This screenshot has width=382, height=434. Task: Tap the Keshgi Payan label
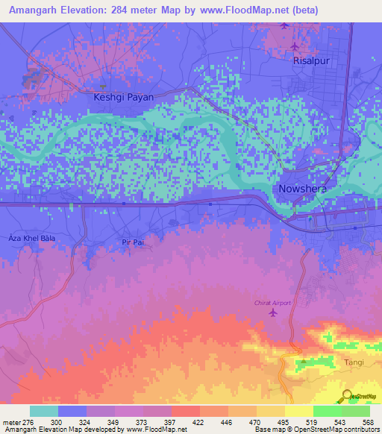pos(123,97)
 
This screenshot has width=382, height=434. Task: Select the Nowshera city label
pos(303,189)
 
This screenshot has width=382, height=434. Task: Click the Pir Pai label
pos(131,242)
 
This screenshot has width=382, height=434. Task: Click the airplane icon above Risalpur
pos(286,26)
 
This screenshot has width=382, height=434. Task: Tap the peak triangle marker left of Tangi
pos(303,363)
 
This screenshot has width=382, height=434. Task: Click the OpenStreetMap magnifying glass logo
pos(347,395)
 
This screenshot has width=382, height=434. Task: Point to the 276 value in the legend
pos(30,421)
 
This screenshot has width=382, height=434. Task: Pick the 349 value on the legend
pos(115,421)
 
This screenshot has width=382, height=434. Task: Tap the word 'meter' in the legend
pos(10,421)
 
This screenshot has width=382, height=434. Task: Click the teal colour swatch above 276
pos(44,411)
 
